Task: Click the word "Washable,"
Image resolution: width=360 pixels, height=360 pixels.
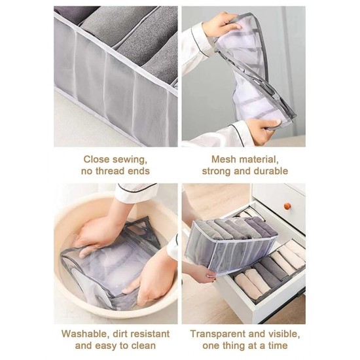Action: tap(84, 334)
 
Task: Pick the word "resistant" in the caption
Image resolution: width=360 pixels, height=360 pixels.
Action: tap(150, 334)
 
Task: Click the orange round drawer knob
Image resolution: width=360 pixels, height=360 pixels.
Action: tap(287, 206)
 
